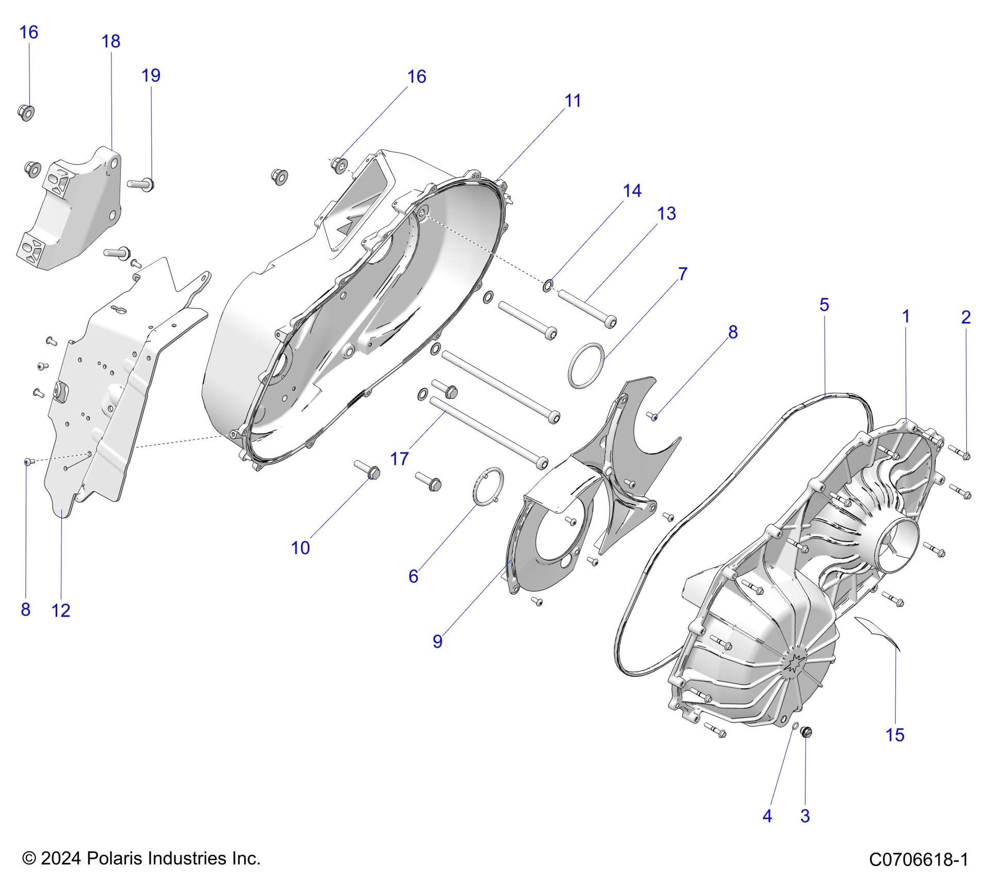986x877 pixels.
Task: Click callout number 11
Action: (572, 101)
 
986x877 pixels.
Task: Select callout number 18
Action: (111, 41)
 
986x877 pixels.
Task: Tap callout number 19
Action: (151, 75)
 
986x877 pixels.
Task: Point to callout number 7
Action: (682, 273)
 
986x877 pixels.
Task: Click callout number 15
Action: (895, 735)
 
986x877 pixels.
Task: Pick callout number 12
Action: (61, 610)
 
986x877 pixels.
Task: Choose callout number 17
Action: (399, 458)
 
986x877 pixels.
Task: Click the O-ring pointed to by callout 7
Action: (586, 365)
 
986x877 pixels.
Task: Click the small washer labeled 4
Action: (795, 726)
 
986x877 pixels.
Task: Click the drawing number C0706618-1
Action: (918, 859)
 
